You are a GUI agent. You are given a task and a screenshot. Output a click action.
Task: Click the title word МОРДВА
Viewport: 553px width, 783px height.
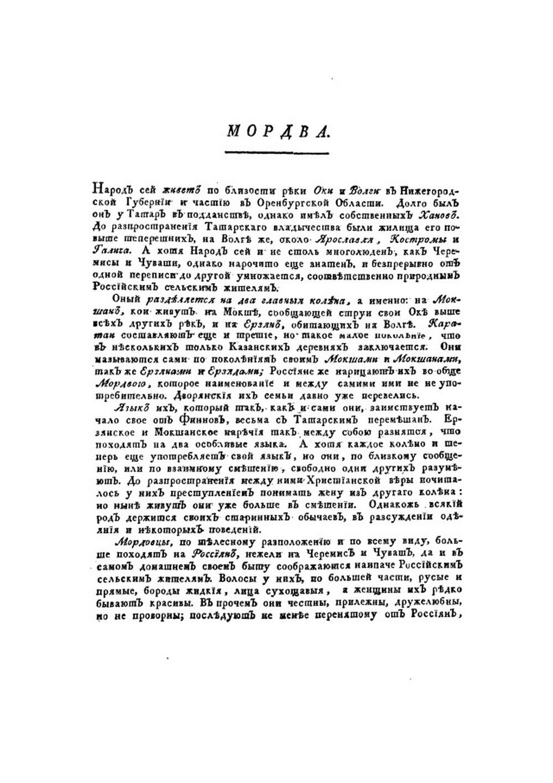278,131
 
